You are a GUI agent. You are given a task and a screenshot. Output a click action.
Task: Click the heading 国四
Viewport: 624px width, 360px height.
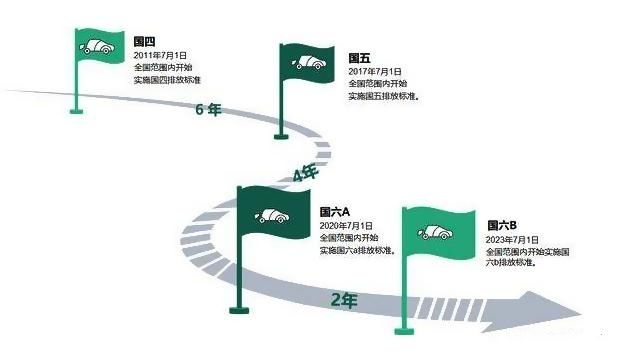coord(144,43)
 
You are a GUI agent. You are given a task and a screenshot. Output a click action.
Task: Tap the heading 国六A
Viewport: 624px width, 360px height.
coord(334,213)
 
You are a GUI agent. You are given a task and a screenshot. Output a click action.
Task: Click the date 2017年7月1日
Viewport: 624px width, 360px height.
coord(375,72)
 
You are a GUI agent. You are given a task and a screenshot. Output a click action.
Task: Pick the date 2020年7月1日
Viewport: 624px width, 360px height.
coord(346,226)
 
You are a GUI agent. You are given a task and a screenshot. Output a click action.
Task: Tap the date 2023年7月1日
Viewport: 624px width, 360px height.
coord(513,240)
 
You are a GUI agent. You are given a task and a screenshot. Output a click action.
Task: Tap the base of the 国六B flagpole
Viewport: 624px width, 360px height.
coord(404,333)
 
